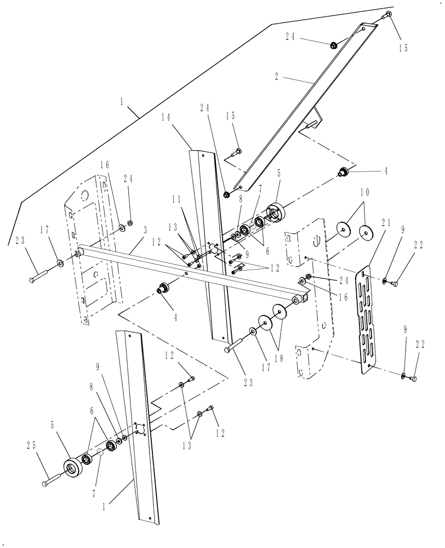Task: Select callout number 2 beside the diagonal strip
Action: click(278, 77)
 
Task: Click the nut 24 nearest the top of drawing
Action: click(333, 44)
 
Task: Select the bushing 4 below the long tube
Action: click(162, 289)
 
